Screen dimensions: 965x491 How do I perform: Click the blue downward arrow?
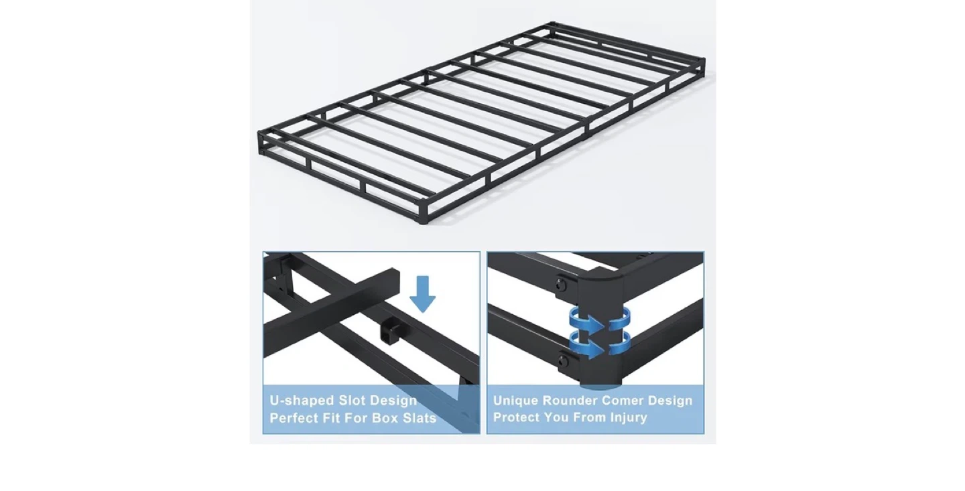[422, 294]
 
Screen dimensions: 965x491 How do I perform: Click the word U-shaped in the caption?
[302, 401]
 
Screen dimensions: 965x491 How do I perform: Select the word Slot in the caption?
[352, 401]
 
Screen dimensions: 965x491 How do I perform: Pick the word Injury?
[629, 418]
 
